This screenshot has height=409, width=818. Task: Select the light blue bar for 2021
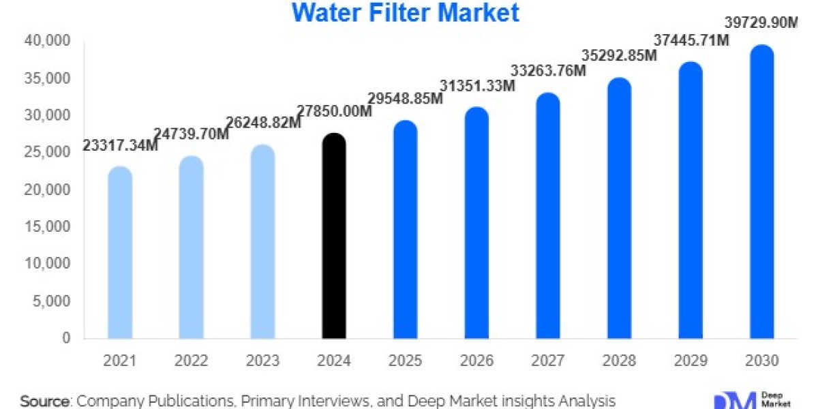tap(121, 252)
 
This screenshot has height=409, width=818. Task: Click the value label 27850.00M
tap(335, 111)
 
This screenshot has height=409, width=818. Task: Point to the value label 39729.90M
tap(761, 23)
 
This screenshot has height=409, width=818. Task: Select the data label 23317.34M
tap(121, 145)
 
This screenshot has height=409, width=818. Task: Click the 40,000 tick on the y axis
tap(50, 42)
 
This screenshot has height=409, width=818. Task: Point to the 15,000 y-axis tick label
tap(50, 226)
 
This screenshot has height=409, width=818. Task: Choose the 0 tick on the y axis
tap(65, 337)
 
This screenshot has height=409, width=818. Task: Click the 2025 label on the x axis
tap(406, 361)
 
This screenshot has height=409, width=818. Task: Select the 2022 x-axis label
tap(192, 361)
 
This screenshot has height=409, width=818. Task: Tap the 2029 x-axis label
tap(691, 361)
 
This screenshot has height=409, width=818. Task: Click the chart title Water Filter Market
tap(406, 12)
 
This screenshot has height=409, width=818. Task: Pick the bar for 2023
tap(263, 241)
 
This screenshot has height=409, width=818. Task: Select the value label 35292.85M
tap(619, 55)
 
